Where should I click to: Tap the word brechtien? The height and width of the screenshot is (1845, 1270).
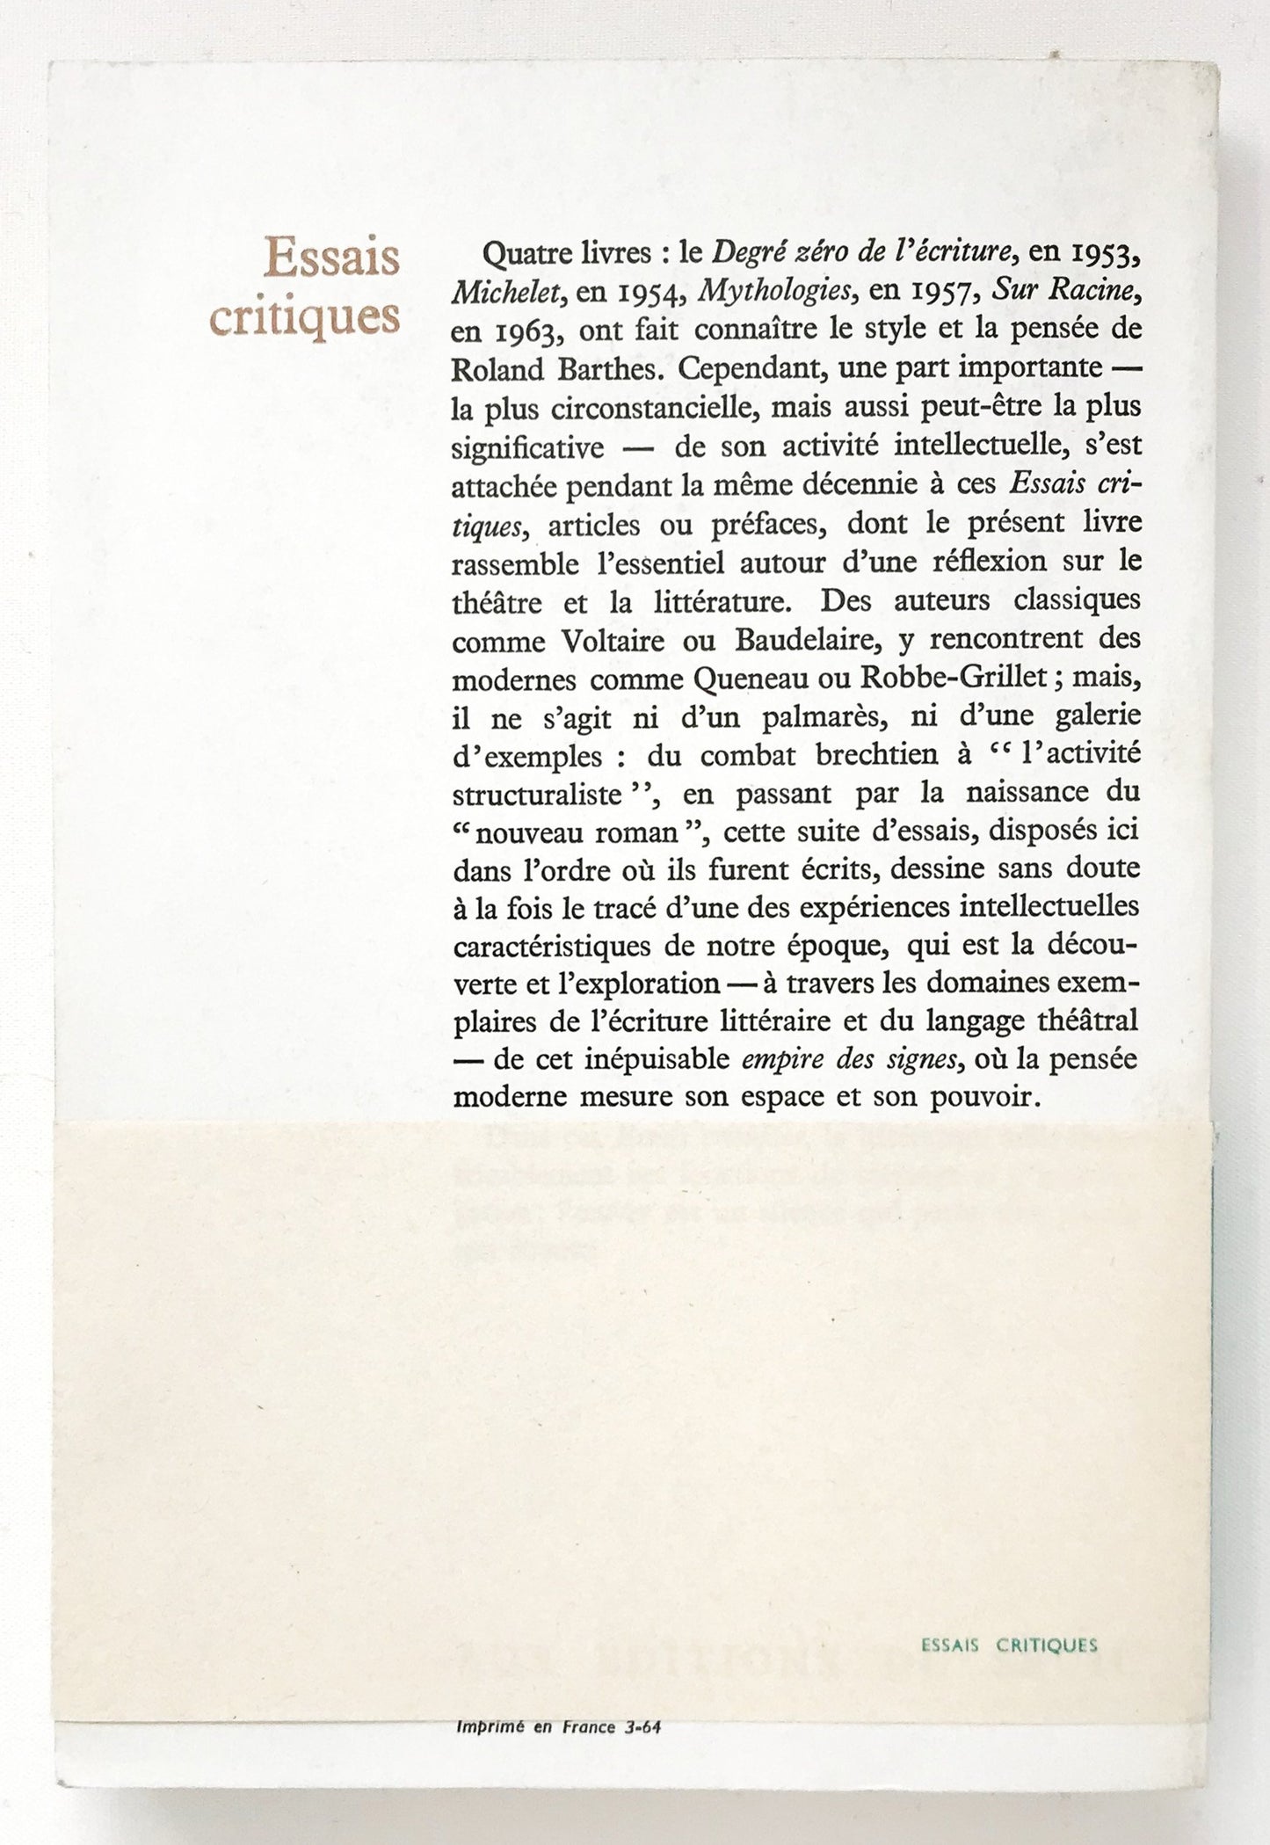[x=885, y=756]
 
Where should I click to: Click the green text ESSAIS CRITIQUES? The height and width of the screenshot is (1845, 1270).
[x=1009, y=1645]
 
